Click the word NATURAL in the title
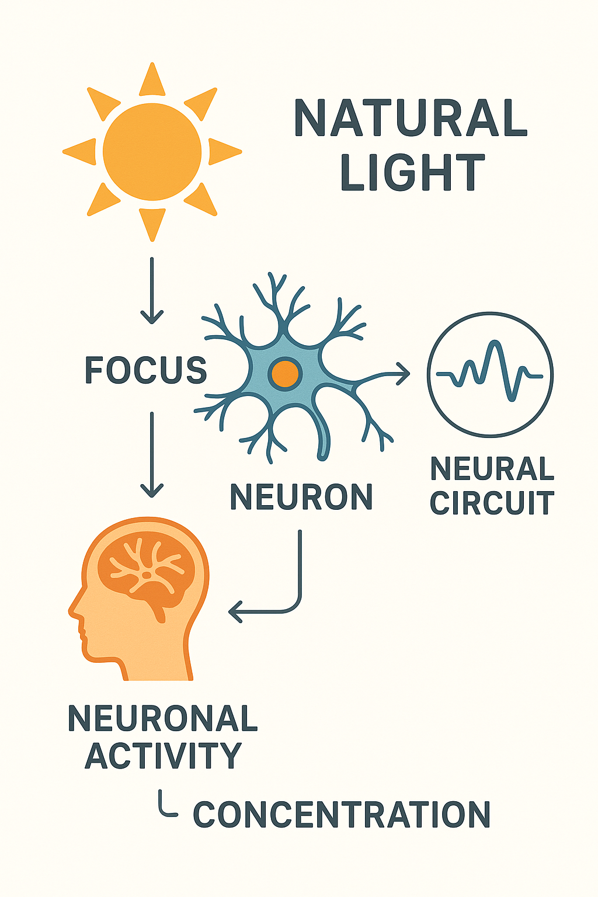click(411, 118)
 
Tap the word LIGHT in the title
click(412, 173)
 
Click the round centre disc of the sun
click(152, 152)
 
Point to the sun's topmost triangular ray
click(152, 79)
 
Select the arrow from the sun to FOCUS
click(152, 290)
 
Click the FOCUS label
click(146, 370)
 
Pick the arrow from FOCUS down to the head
click(152, 454)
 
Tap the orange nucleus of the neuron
click(285, 373)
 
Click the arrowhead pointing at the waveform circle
click(403, 374)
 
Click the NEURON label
click(301, 497)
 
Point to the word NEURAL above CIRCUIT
click(492, 468)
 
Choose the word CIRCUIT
click(492, 503)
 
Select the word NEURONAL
click(162, 718)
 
